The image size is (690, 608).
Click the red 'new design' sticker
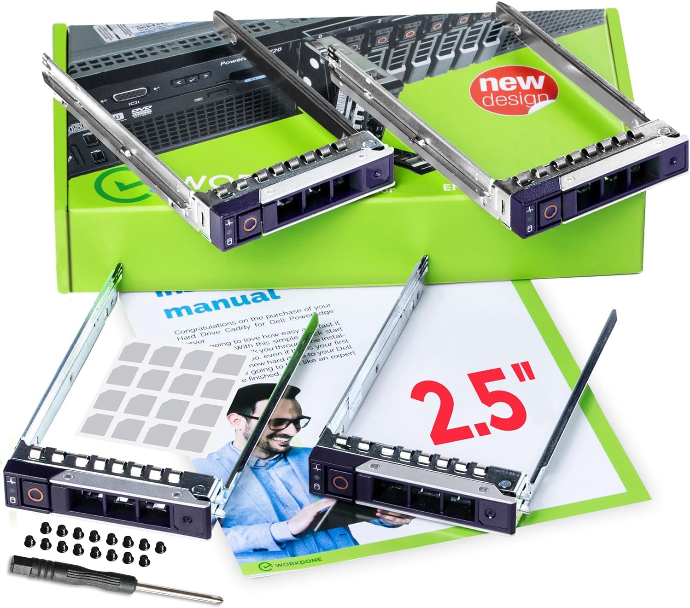coord(513,91)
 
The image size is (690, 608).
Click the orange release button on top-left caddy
coord(250,224)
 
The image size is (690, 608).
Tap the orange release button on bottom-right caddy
coord(340,483)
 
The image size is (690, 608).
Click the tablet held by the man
coord(332,516)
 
